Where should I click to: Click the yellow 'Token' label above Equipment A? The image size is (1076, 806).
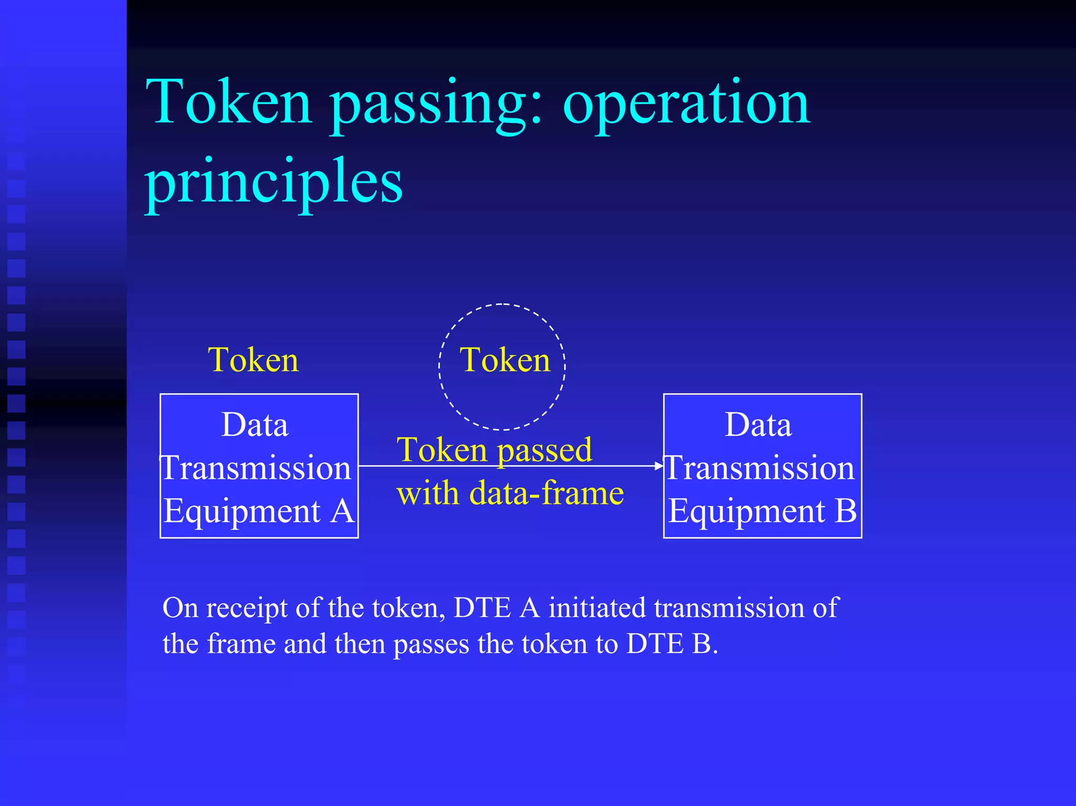[253, 360]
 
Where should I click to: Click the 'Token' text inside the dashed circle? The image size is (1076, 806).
[505, 360]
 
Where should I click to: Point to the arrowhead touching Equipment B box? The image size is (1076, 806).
[659, 466]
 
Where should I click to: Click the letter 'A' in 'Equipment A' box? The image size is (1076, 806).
[342, 511]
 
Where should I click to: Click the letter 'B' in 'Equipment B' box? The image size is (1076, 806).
[845, 511]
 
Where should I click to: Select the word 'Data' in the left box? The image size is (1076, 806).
[255, 425]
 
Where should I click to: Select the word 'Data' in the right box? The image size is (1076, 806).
[758, 425]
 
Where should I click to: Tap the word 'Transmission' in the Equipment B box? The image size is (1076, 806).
[760, 468]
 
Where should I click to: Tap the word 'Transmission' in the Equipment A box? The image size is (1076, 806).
[256, 468]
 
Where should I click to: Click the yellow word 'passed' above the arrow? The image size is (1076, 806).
[544, 451]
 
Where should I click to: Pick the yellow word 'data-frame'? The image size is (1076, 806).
[546, 493]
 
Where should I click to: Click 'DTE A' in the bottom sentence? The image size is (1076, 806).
[496, 608]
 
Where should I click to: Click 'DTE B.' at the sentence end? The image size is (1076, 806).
[672, 644]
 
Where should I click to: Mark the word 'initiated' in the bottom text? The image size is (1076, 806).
[597, 608]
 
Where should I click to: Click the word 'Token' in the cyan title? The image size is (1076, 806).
[229, 103]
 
